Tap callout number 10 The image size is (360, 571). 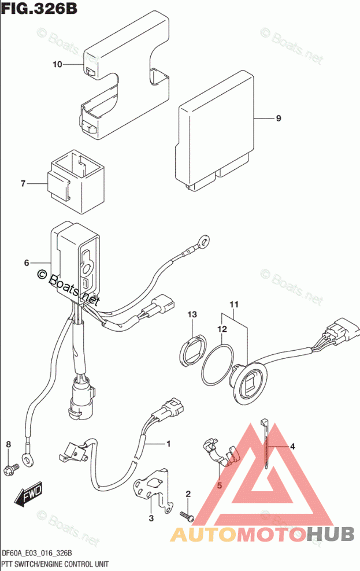(57, 65)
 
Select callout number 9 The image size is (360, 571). (278, 118)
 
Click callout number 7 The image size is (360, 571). (23, 184)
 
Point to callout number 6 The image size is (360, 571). (27, 263)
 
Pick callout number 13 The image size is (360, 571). (192, 314)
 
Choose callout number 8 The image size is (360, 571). (8, 444)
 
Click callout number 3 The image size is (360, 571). (151, 518)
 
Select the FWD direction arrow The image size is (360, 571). (27, 494)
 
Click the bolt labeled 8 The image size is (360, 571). (9, 466)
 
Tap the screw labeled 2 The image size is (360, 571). (186, 514)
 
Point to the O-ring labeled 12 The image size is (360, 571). (217, 365)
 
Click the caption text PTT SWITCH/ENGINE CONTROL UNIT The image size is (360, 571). (55, 563)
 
